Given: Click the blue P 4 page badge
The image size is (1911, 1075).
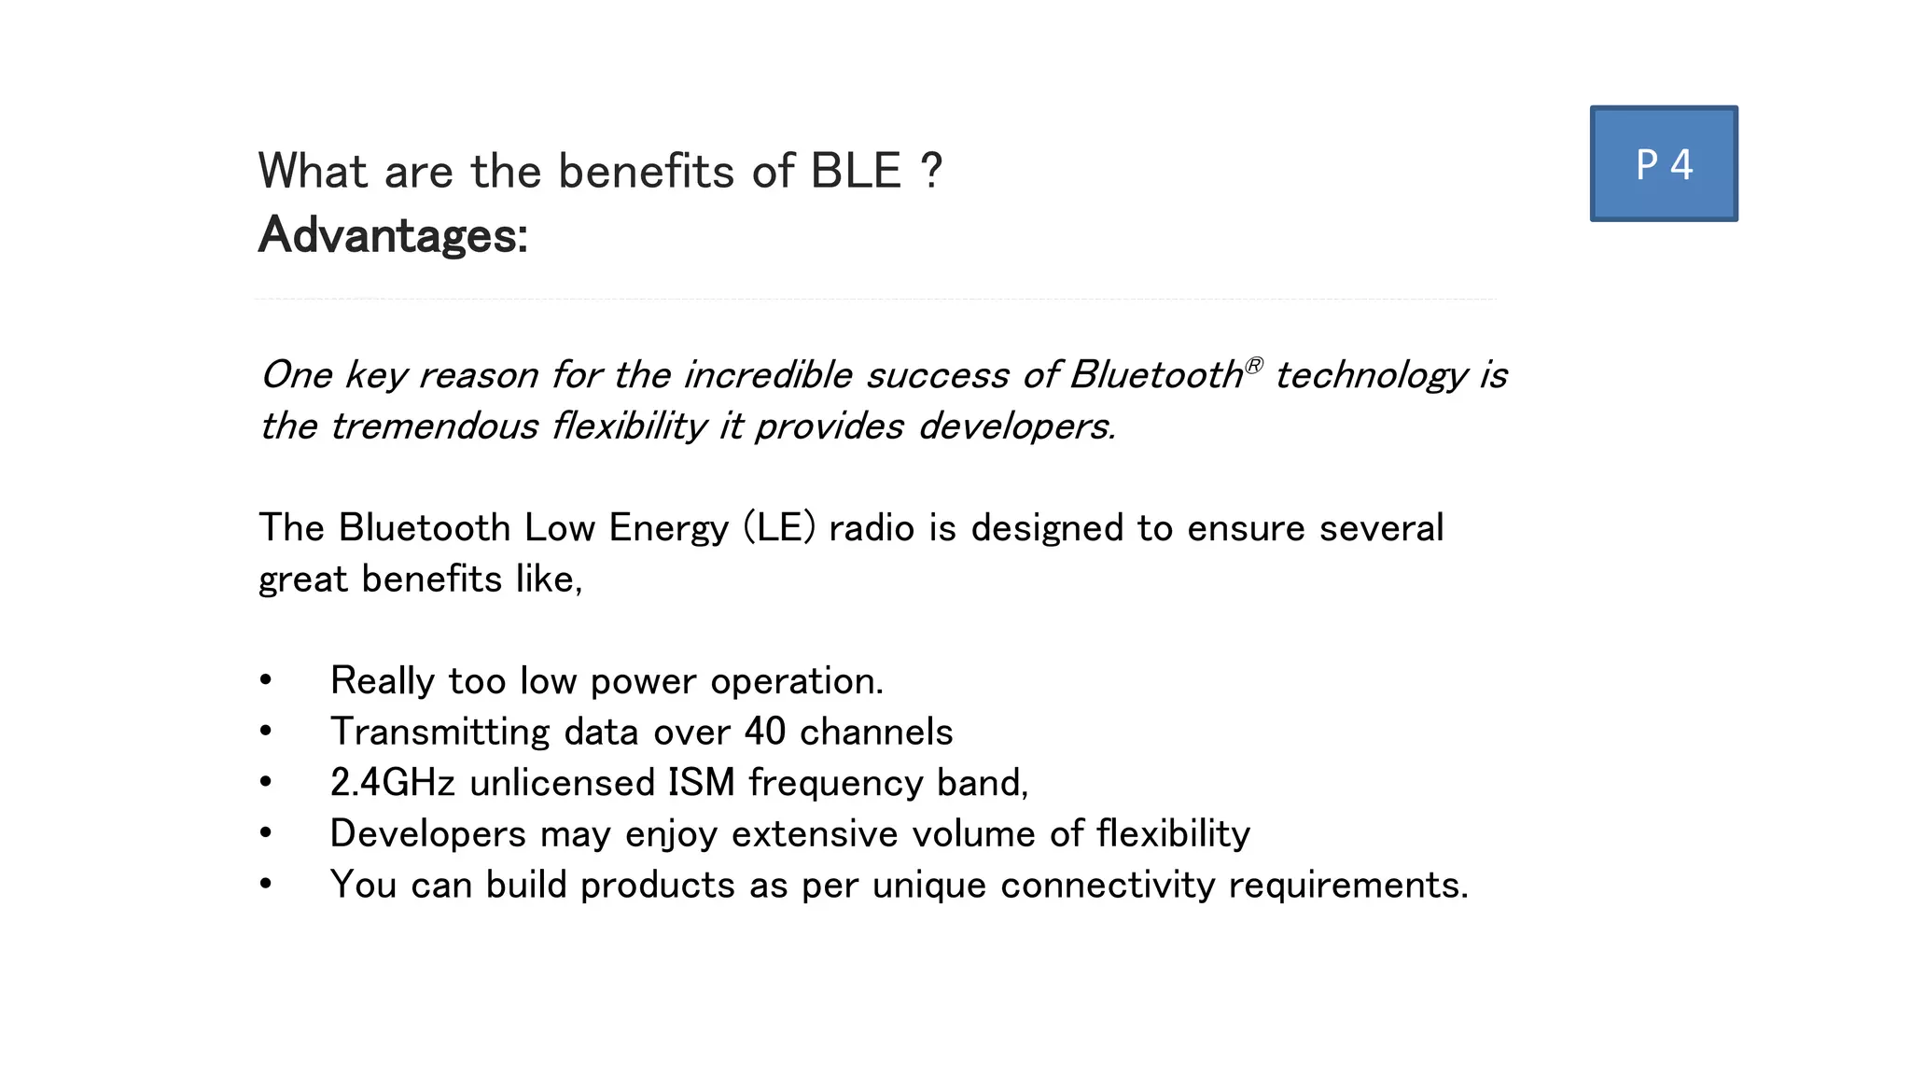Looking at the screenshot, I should tap(1664, 164).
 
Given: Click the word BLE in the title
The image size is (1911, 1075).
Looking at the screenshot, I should tap(856, 172).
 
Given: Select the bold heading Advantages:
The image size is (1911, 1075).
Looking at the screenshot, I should tap(393, 235).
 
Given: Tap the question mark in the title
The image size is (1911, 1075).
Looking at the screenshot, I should tap(930, 172).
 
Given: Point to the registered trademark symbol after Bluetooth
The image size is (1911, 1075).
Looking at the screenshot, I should tap(1254, 364).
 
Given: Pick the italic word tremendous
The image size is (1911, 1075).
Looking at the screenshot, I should tap(434, 426).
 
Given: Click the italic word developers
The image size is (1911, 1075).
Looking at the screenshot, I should tap(1016, 426).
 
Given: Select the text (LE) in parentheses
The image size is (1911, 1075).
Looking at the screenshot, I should tap(779, 528).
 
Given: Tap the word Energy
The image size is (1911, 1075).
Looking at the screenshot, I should tap(668, 528).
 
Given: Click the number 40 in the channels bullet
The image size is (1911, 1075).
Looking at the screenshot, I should tap(765, 732).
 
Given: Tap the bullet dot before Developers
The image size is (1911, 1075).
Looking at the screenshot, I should tap(266, 833).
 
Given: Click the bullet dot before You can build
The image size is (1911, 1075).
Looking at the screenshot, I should tap(266, 884).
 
